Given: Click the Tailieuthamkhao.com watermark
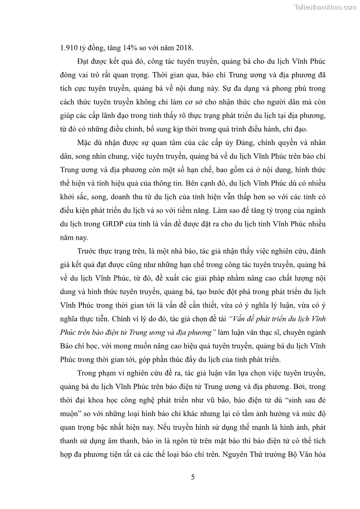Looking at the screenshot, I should (326, 7).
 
